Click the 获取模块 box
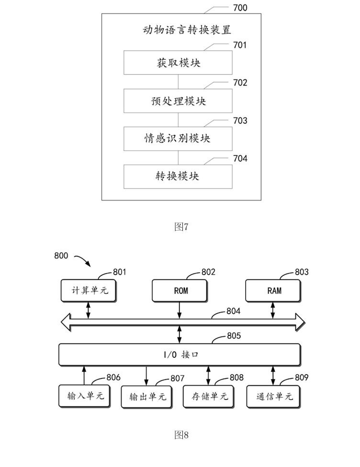[178, 63]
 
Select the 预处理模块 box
[178, 101]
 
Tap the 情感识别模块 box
[178, 139]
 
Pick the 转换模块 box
[178, 176]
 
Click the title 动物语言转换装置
[187, 30]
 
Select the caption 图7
[181, 227]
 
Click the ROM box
[180, 290]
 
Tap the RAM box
[274, 290]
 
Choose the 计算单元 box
[89, 290]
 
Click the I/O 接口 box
[180, 355]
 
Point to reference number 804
[233, 311]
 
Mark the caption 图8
[181, 435]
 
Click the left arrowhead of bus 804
[65, 322]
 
